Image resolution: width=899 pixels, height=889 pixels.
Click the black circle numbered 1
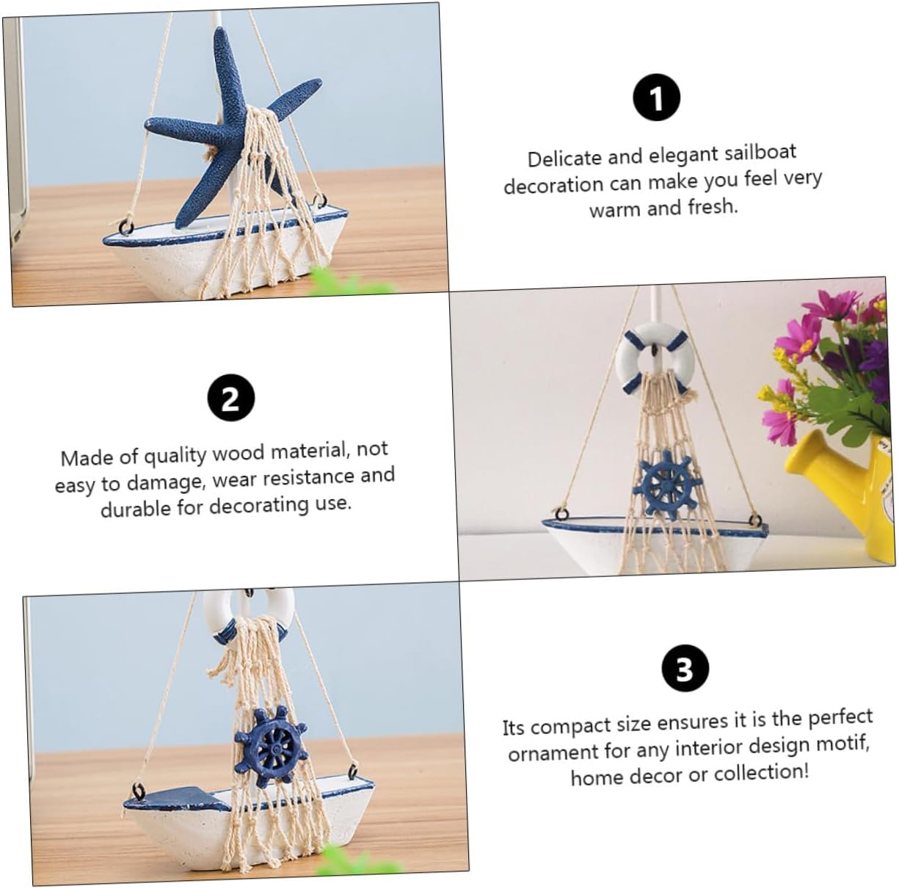[x=656, y=98]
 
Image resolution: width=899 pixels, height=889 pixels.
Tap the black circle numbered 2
[x=231, y=398]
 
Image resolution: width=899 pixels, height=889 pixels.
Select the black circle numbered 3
[x=685, y=668]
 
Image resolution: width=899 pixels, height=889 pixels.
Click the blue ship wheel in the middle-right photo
[x=666, y=485]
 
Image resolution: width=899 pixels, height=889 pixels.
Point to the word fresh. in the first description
[x=713, y=206]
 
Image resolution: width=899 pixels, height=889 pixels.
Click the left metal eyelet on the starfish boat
[x=126, y=228]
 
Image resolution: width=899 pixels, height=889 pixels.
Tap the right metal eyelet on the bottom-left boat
[x=353, y=772]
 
